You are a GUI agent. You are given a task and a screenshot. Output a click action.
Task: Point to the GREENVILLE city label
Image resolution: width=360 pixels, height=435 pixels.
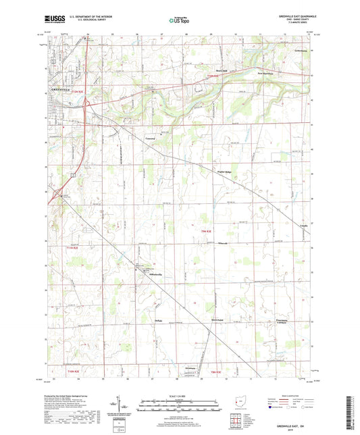tap(61, 90)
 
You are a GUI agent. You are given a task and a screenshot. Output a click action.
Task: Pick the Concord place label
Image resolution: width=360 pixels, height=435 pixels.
tap(151, 137)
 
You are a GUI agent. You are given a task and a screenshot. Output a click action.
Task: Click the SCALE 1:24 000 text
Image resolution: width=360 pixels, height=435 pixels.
tap(180, 395)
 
